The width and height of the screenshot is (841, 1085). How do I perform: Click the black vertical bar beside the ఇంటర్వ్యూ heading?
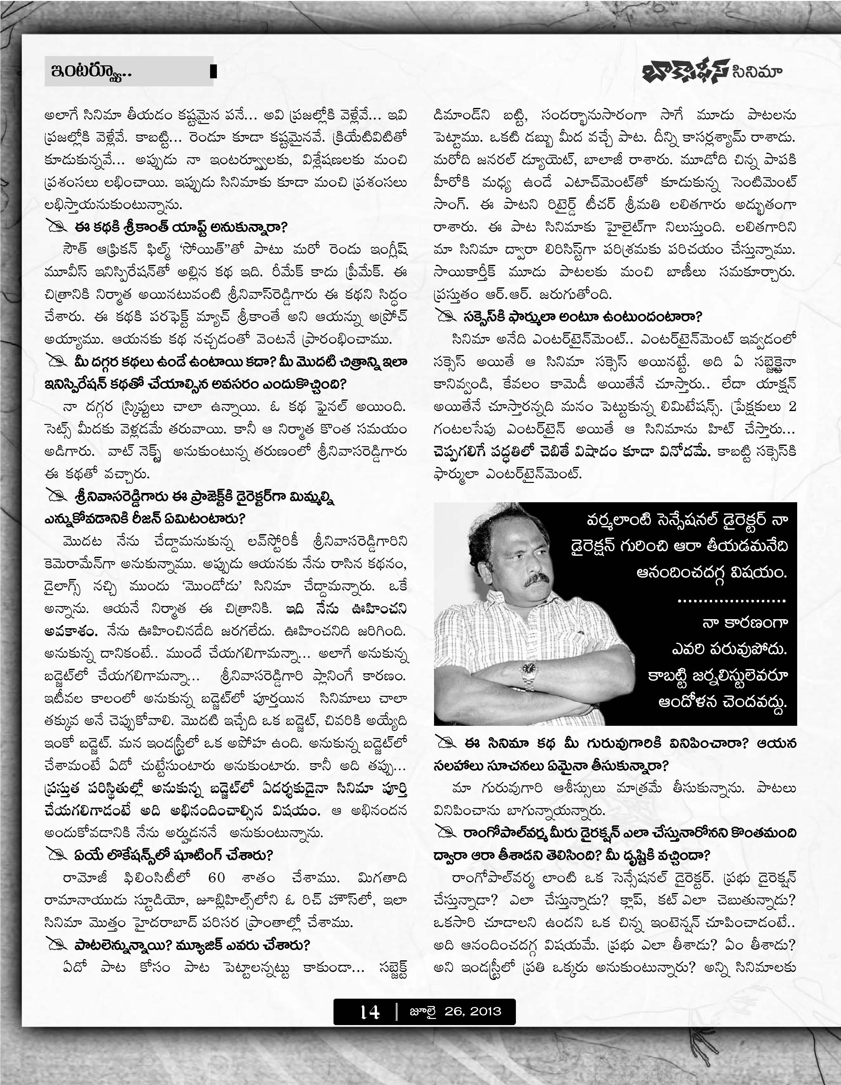point(213,72)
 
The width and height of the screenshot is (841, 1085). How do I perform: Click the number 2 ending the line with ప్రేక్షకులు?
point(792,406)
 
